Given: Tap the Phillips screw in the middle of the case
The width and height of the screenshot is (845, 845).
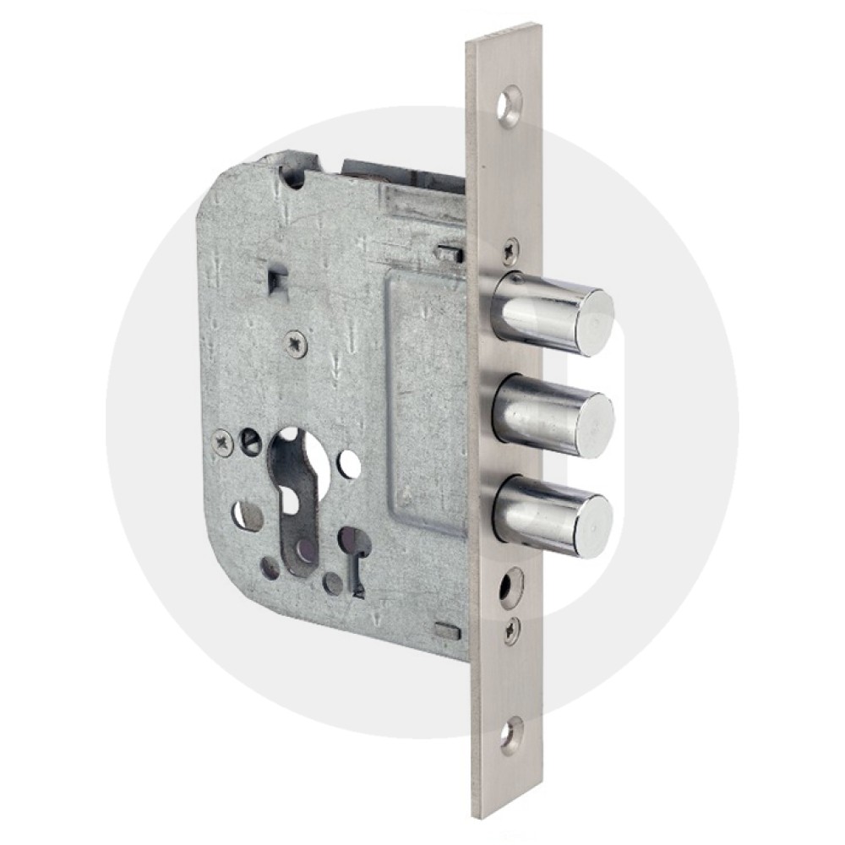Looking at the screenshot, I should click(293, 341).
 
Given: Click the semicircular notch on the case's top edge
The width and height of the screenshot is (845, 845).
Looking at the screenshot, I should click(292, 176).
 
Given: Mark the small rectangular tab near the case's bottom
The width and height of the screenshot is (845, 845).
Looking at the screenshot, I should click(444, 629).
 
